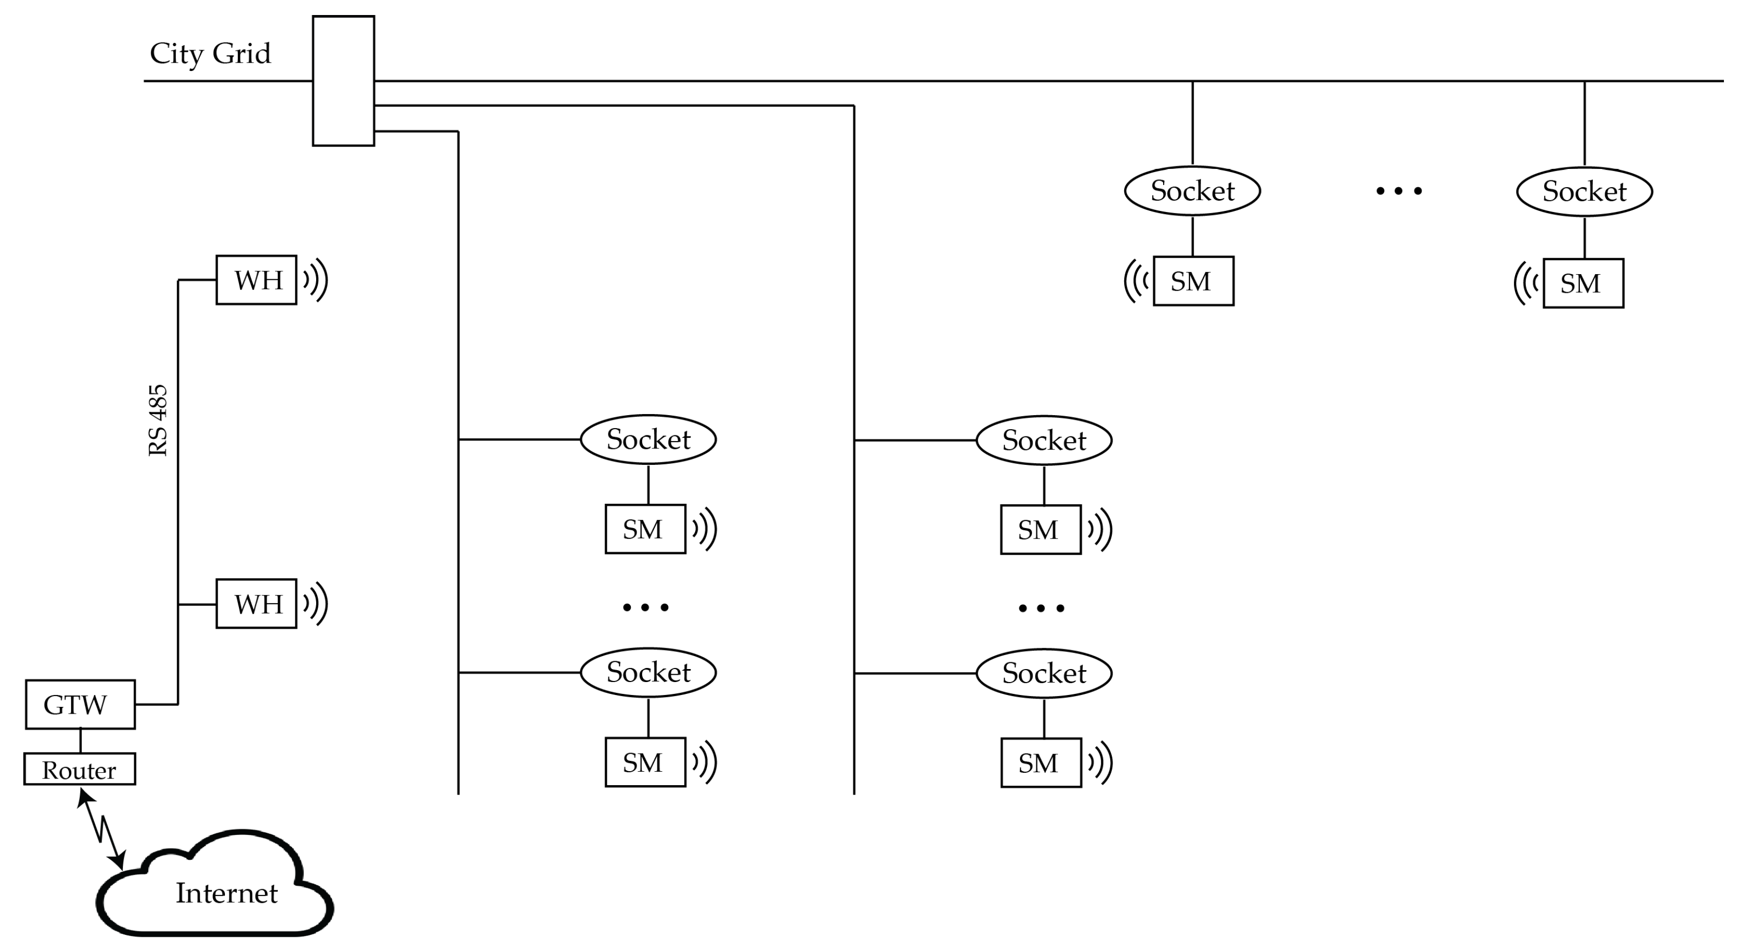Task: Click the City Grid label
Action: point(210,53)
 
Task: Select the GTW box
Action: point(80,704)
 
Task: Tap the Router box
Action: point(80,769)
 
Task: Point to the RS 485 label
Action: point(158,420)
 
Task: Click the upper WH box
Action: point(256,280)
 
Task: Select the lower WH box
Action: point(256,604)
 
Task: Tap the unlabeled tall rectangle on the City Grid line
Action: point(343,81)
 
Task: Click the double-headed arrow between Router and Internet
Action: point(102,829)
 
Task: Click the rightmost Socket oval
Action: point(1584,192)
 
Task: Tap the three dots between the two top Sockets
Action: point(1399,191)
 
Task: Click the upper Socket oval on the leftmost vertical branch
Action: point(648,439)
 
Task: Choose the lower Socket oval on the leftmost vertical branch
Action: point(648,672)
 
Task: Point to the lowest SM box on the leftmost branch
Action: point(645,762)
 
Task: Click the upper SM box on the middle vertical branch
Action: point(1040,530)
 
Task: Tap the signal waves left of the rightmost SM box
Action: point(1526,282)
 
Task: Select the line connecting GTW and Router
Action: point(80,741)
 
